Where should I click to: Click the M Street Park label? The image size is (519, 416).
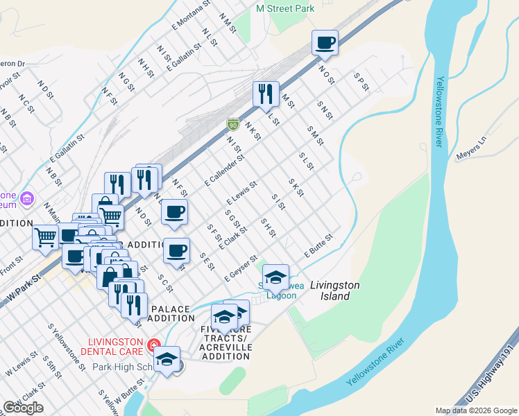[x=284, y=8]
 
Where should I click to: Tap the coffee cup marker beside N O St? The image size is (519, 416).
[x=325, y=44]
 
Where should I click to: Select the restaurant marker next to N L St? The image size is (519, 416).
[x=265, y=94]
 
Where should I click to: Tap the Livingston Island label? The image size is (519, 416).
[x=334, y=290]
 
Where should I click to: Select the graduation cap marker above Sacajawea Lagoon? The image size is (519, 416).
[x=275, y=277]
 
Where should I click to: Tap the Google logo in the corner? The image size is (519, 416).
[x=22, y=408]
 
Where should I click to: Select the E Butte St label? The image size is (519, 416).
[x=318, y=247]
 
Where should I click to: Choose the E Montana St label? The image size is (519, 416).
[x=191, y=15]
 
